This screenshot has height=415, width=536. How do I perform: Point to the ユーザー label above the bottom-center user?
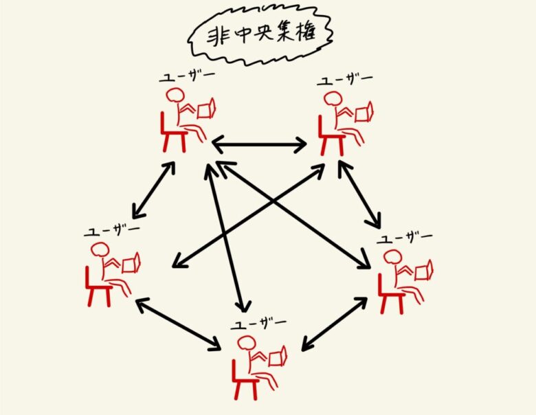click(x=258, y=323)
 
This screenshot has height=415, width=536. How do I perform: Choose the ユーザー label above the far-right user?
click(x=406, y=238)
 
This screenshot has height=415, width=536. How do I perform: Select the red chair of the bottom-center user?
click(x=245, y=374)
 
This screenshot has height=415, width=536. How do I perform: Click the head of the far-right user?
click(x=391, y=258)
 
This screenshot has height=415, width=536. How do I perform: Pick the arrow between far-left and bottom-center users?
click(x=178, y=324)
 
